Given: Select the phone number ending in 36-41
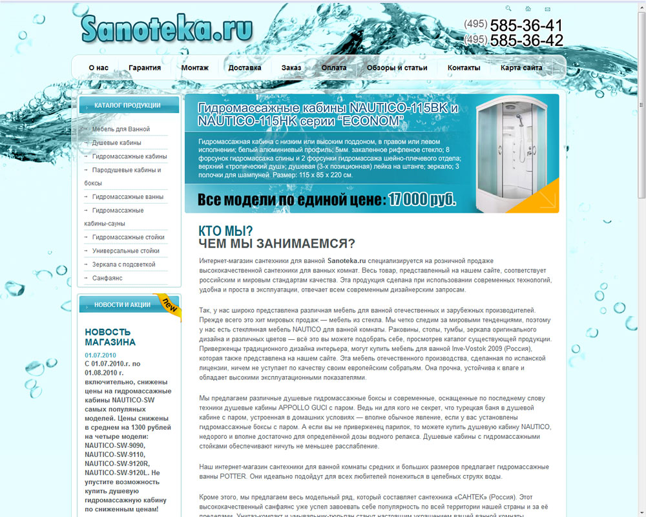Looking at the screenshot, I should pyautogui.click(x=514, y=26).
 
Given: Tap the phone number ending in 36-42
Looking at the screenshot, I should pyautogui.click(x=514, y=41).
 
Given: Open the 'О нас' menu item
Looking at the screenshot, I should pyautogui.click(x=98, y=68).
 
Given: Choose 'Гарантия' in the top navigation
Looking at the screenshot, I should pyautogui.click(x=145, y=68).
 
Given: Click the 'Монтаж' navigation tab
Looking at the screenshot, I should pyautogui.click(x=195, y=68).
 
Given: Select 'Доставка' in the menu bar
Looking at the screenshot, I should pyautogui.click(x=245, y=68).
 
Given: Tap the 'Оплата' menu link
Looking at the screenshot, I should pyautogui.click(x=334, y=68).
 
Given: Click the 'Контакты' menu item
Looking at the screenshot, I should pyautogui.click(x=464, y=68).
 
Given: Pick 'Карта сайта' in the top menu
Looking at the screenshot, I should pyautogui.click(x=521, y=68).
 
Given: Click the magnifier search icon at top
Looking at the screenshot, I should pyautogui.click(x=508, y=9).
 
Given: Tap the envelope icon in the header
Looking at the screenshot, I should pyautogui.click(x=548, y=9).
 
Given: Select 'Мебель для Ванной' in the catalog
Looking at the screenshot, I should pyautogui.click(x=121, y=129).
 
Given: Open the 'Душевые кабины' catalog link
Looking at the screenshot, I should pyautogui.click(x=116, y=143).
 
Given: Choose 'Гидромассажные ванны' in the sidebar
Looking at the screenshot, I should pyautogui.click(x=128, y=197).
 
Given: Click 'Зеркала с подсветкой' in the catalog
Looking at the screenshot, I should pyautogui.click(x=124, y=264).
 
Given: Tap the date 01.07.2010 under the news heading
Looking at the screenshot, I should pyautogui.click(x=100, y=355).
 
